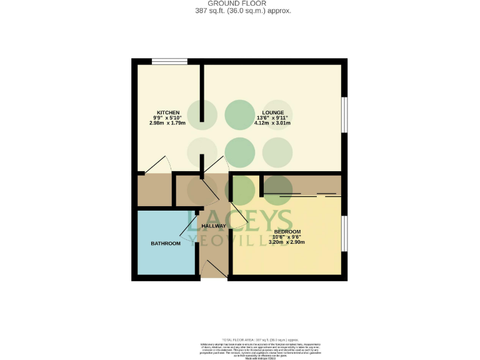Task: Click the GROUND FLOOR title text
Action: pos(241,3)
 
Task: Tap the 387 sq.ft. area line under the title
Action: pos(241,11)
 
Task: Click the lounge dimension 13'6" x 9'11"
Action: pos(272,118)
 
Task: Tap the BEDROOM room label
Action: pos(287,231)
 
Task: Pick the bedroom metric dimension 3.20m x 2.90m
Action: pos(287,242)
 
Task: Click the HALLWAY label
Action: pos(214,226)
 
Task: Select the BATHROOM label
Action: pos(166,243)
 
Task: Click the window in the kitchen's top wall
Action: pos(169,61)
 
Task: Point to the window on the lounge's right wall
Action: pos(344,114)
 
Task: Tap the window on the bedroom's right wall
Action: pos(344,233)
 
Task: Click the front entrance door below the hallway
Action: pos(214,270)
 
